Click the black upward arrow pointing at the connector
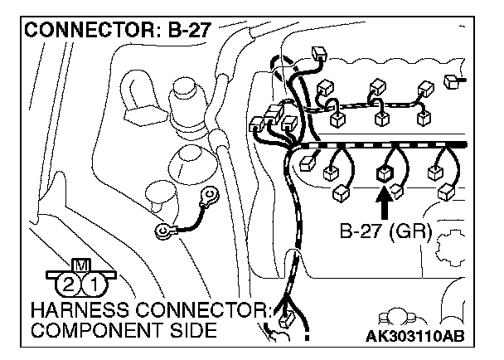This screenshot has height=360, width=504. [383, 202]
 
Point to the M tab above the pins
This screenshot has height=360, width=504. [81, 265]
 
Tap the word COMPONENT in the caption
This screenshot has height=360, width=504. [91, 332]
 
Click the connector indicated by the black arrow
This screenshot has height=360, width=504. [383, 173]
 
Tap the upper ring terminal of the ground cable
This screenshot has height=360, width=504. [213, 196]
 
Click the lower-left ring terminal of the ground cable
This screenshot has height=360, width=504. [163, 233]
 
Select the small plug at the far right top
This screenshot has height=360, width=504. [451, 80]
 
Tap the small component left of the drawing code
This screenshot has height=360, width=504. [390, 319]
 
